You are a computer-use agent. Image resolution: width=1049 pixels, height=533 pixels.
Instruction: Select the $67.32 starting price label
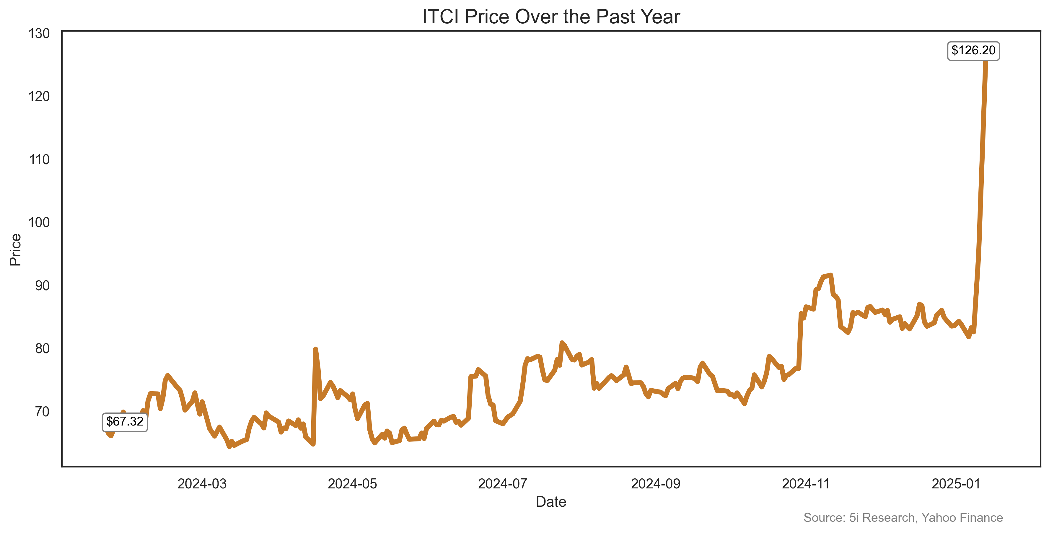click(125, 421)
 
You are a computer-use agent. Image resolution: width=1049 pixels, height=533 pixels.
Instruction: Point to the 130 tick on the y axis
click(39, 33)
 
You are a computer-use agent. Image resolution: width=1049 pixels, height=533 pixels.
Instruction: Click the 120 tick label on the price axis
click(39, 97)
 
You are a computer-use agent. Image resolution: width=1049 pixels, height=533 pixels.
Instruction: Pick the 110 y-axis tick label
click(39, 160)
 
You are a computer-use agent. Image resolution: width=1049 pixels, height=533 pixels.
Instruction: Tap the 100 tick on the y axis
click(39, 222)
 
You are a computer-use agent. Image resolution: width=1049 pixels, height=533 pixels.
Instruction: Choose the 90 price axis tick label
click(42, 286)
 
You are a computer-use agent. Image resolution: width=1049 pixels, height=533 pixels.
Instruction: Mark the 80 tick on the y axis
click(42, 348)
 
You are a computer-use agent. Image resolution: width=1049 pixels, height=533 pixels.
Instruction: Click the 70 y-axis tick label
click(42, 412)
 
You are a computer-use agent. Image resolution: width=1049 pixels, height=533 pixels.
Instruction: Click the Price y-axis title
click(15, 250)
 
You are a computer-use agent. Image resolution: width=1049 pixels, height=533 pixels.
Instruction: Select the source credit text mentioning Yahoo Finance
click(903, 518)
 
